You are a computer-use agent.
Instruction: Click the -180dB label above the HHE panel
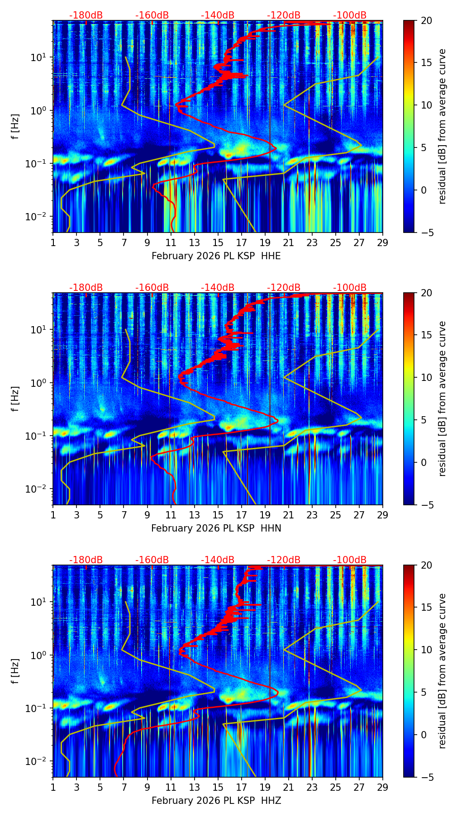pos(86,15)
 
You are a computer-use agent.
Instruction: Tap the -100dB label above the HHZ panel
pos(350,560)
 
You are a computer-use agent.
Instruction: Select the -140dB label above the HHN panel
pos(218,288)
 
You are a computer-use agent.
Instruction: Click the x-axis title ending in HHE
pos(216,256)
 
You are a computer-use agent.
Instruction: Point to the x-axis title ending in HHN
pos(216,528)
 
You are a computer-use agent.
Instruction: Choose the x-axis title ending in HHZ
pos(216,801)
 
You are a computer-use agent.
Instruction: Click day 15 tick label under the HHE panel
pos(218,242)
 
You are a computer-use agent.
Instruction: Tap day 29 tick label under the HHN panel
pos(383,515)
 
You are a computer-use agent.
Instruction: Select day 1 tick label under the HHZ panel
pos(53,787)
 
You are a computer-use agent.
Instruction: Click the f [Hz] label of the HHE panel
pos(15,127)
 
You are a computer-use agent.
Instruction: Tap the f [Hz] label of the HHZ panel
pos(15,671)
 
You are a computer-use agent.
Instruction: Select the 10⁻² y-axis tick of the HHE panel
pos(40,217)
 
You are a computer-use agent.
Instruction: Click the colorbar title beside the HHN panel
pos(442,399)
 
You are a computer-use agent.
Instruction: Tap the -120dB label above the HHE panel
pos(284,15)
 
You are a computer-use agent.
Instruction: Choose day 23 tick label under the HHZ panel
pos(312,787)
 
